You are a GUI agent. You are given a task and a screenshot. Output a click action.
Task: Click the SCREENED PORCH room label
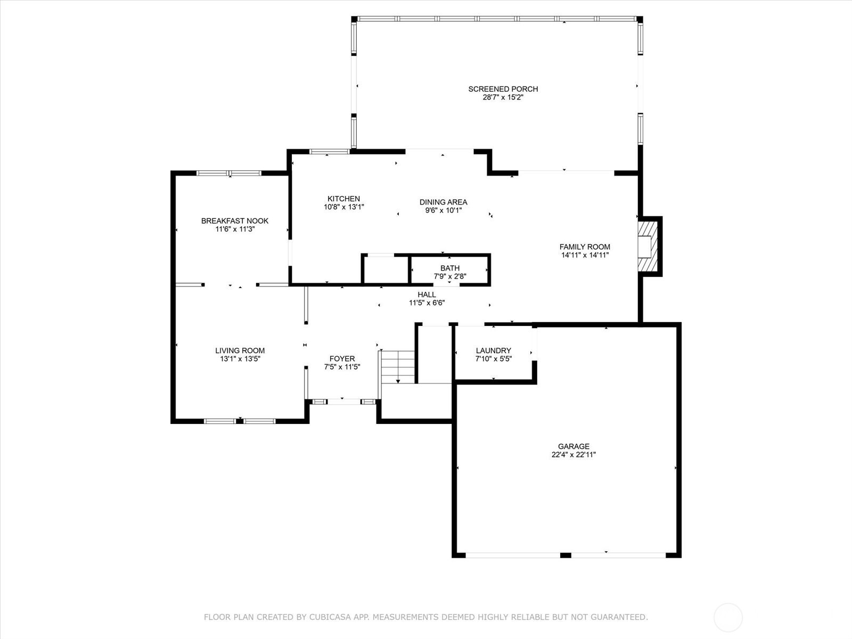click(503, 89)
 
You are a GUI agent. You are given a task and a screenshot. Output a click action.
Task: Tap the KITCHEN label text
click(343, 199)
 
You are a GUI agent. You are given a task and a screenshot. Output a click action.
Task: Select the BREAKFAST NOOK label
click(235, 221)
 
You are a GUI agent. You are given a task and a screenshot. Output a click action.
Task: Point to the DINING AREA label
click(443, 202)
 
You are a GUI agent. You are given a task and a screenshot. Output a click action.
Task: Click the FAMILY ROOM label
click(585, 247)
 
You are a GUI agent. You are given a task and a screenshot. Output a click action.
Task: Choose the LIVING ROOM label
click(240, 350)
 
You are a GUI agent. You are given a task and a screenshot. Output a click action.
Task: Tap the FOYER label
click(342, 359)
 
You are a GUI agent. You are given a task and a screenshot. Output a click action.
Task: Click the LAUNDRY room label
click(493, 350)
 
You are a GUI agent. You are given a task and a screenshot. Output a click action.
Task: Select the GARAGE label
click(574, 446)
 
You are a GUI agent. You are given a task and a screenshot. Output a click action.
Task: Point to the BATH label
click(450, 268)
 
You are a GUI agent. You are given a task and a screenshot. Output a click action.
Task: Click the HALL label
click(427, 294)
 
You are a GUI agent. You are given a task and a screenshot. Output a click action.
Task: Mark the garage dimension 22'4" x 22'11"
click(574, 455)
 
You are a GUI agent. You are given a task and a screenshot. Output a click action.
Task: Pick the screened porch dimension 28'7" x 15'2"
click(503, 97)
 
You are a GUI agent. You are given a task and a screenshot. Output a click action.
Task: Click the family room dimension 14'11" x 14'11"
click(585, 255)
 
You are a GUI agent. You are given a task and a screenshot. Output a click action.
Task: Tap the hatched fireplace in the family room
click(648, 246)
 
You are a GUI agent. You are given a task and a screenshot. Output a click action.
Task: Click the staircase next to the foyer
click(398, 367)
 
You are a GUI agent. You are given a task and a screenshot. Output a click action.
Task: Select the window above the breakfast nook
click(229, 173)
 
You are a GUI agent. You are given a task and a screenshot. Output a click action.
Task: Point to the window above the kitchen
click(330, 152)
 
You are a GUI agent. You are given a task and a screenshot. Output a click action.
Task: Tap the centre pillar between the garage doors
click(566, 555)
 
